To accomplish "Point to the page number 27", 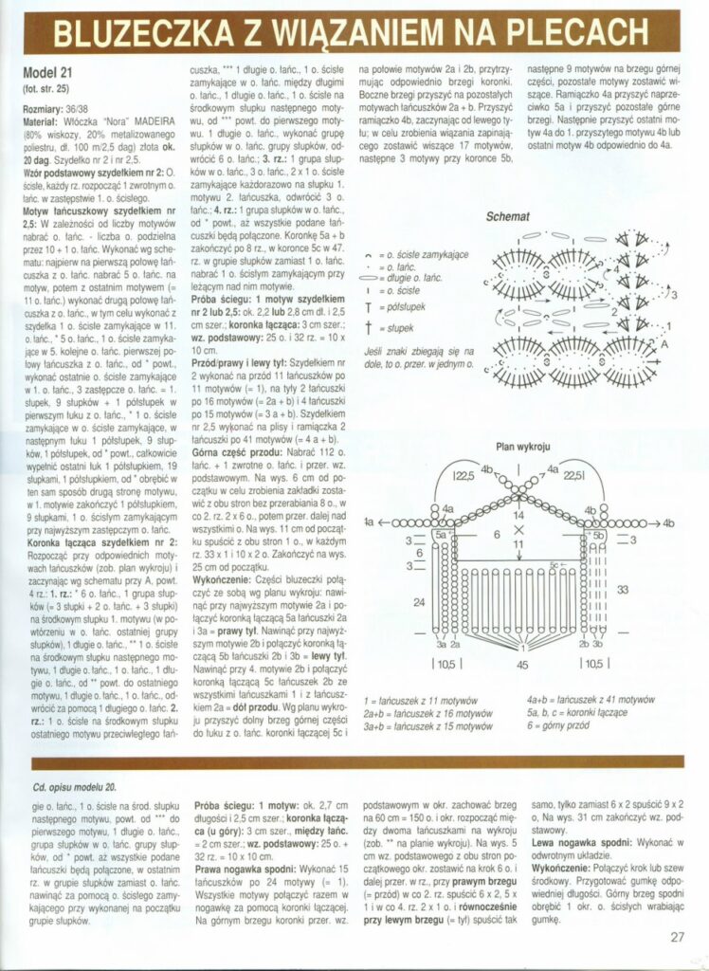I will (x=677, y=938).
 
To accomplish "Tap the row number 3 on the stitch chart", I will (x=674, y=296).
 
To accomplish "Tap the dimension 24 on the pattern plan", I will (x=418, y=602).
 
